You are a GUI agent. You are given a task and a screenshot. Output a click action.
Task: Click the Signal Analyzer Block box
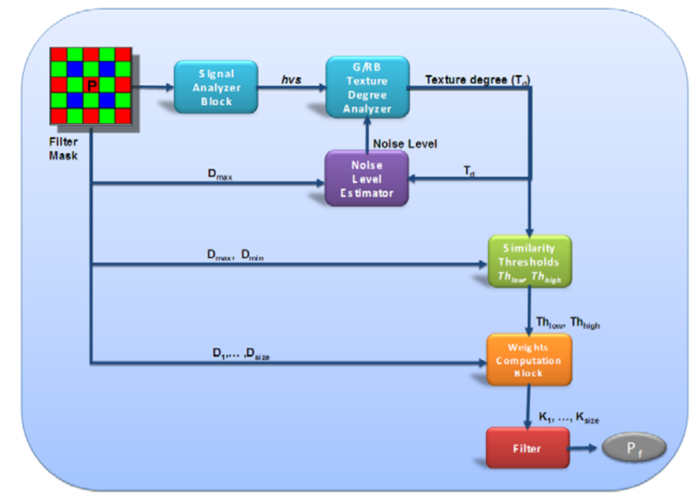pos(216,86)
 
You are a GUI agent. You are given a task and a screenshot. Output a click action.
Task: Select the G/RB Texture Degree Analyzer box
pos(368,86)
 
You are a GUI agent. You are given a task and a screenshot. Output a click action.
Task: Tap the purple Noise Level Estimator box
pos(366,178)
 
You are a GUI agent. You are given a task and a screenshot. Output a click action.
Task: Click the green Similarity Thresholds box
pos(530,261)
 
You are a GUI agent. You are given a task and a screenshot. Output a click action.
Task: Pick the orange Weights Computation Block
pos(528,360)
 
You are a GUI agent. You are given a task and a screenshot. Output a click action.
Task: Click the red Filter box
pos(527,448)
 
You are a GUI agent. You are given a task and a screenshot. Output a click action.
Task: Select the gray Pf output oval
pos(635,448)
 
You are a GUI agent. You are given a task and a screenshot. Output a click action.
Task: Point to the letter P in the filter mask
pos(91,86)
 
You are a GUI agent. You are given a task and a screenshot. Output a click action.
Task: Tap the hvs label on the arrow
pos(292,78)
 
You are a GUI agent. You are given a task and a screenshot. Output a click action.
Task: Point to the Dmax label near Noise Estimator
pos(221,176)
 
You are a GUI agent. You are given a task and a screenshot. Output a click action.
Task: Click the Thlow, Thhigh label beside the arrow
pos(568,323)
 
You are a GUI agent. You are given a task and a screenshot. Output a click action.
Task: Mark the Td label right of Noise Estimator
pos(468,171)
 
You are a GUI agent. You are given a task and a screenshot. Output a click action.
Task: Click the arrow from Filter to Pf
pos(585,448)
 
